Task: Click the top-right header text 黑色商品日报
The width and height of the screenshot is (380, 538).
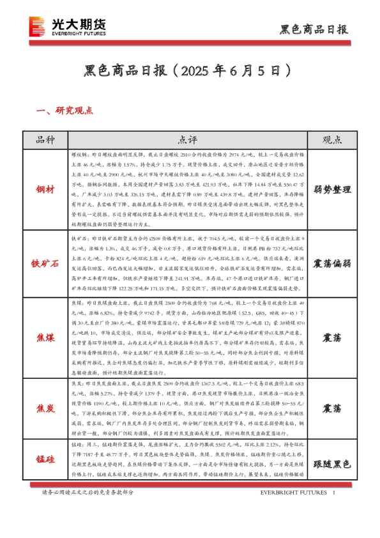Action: pos(314,29)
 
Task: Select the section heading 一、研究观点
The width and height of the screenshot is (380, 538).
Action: pos(66,111)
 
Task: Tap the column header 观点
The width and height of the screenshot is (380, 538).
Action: pos(332,140)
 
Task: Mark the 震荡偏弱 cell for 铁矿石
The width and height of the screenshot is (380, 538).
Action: pos(332,263)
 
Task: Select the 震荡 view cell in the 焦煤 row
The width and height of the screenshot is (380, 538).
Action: pos(332,337)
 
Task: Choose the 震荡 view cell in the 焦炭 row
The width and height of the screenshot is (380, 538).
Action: pos(332,408)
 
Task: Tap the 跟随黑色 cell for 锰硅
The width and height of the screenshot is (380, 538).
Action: pos(332,465)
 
